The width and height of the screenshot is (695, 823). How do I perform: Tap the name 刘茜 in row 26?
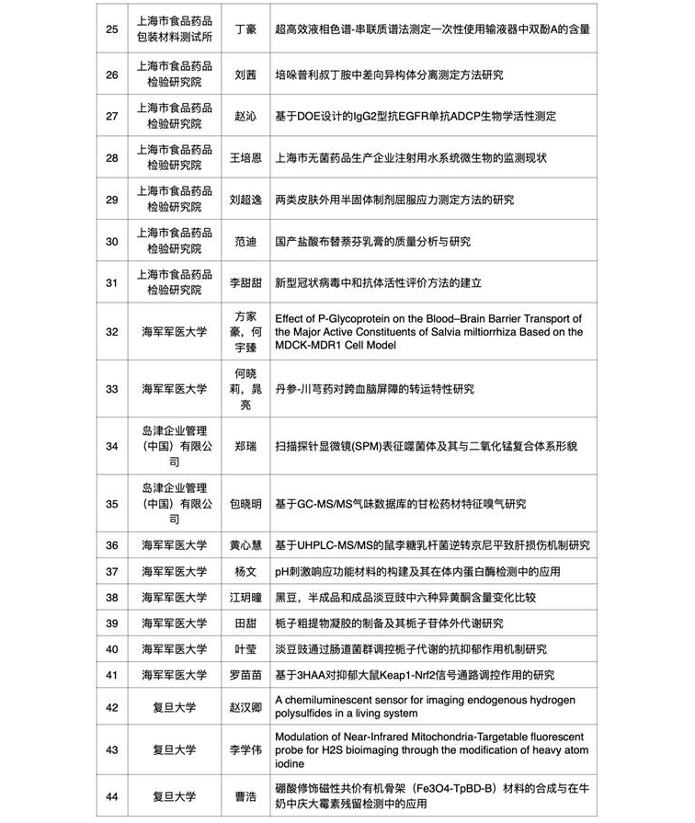point(245,74)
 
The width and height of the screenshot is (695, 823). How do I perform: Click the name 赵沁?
point(245,116)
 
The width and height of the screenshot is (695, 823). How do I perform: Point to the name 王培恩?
point(245,157)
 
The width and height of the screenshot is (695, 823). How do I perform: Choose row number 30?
point(112,241)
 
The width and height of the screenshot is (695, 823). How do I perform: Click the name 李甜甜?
point(245,282)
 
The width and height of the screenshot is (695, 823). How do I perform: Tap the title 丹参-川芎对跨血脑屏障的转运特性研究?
point(374,389)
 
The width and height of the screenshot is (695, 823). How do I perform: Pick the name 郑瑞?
point(245,446)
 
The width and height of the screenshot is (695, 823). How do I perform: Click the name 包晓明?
point(245,504)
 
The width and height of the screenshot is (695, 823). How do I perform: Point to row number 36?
point(112,545)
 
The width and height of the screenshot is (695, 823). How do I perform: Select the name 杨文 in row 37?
point(245,571)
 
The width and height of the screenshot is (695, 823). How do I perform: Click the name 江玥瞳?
point(245,597)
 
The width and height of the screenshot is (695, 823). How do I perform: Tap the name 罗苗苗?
point(245,675)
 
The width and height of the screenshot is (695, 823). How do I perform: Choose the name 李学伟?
point(245,749)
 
